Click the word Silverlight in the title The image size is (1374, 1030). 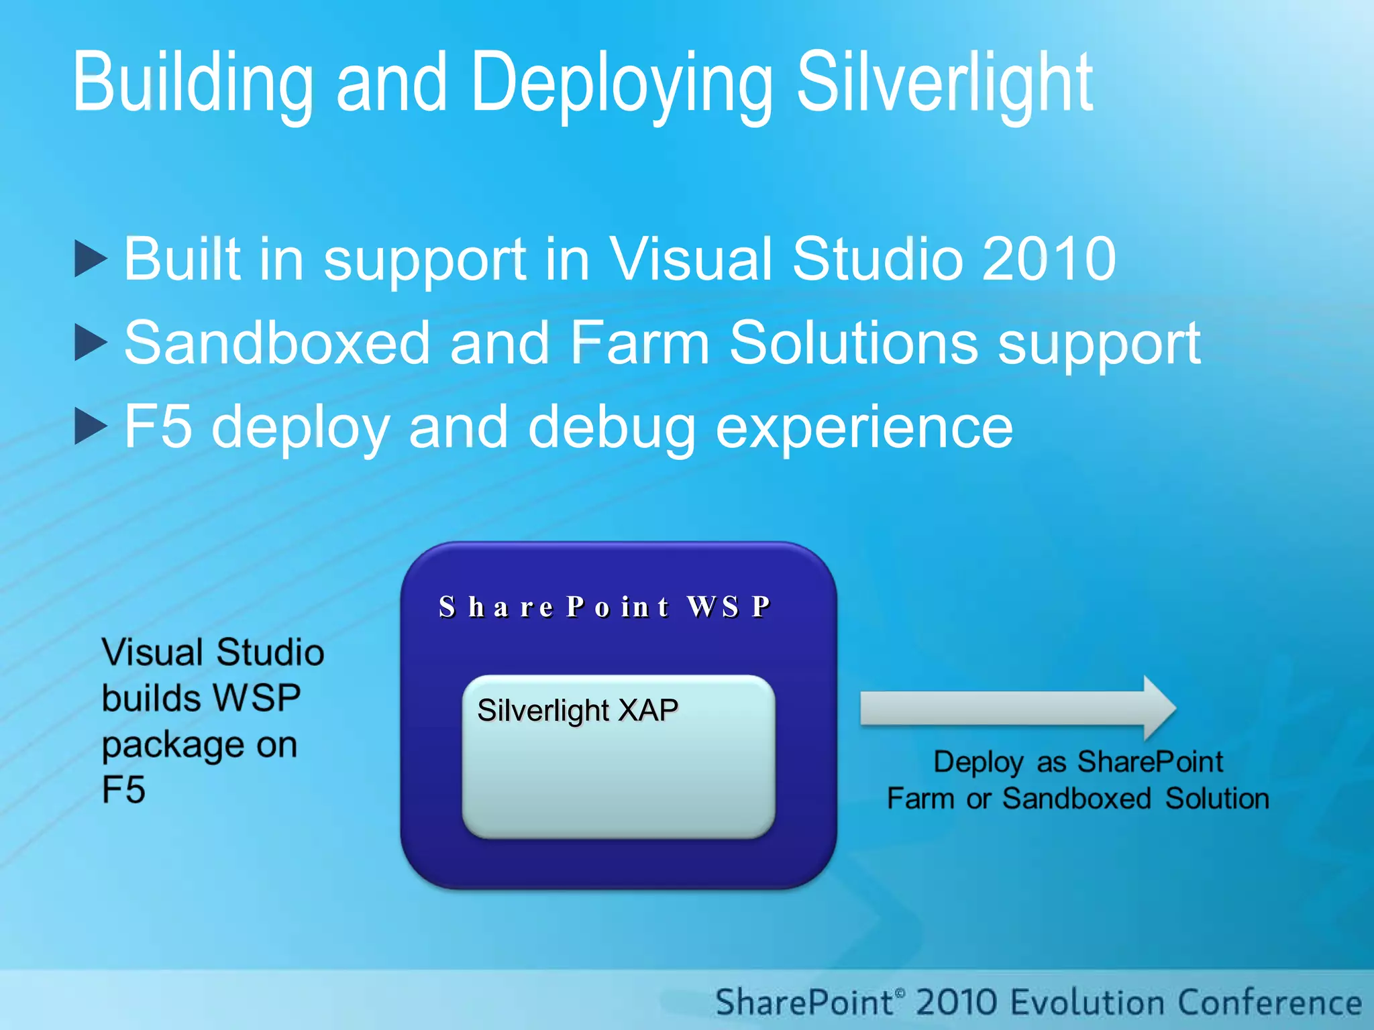945,84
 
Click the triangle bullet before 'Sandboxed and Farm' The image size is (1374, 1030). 90,343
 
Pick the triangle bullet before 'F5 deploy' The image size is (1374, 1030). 90,426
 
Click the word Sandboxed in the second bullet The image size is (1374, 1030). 276,343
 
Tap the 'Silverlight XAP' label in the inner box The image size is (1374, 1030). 577,710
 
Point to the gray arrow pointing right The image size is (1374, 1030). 1016,708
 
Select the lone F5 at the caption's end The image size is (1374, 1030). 123,789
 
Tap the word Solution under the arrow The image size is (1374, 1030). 1216,799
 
